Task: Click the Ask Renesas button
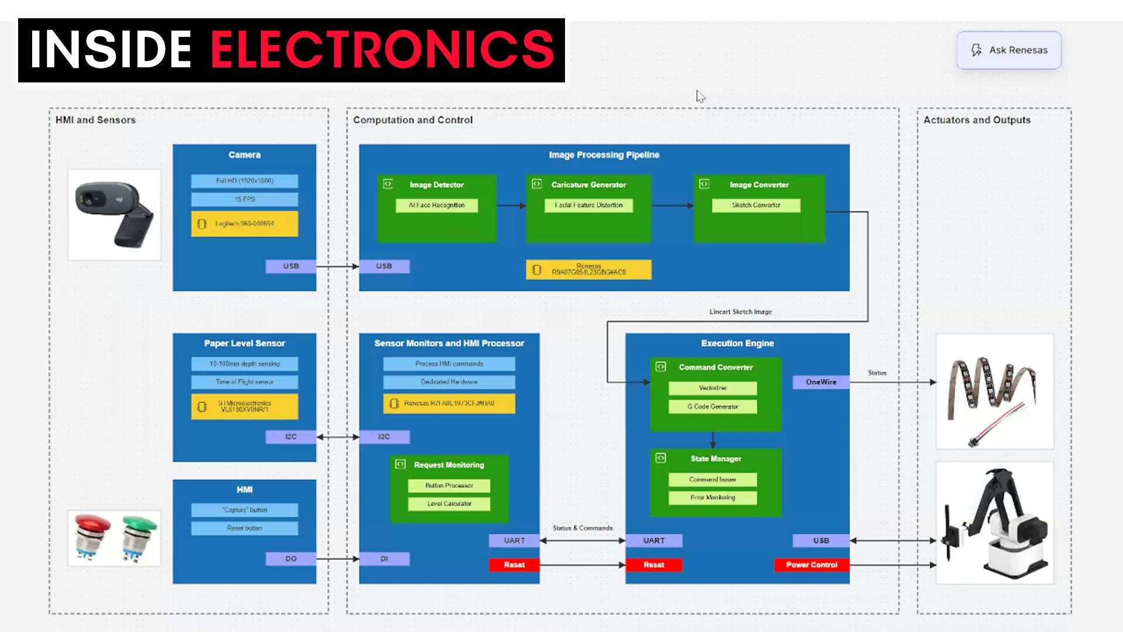pyautogui.click(x=1008, y=50)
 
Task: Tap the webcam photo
pyautogui.click(x=114, y=215)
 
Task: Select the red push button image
pyautogui.click(x=92, y=537)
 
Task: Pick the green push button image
pyautogui.click(x=139, y=537)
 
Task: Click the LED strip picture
pyautogui.click(x=994, y=391)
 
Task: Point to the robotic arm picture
pyautogui.click(x=994, y=523)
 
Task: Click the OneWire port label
pyautogui.click(x=821, y=382)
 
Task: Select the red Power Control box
pyautogui.click(x=811, y=565)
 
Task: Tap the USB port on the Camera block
pyautogui.click(x=291, y=266)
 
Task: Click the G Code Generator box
pyautogui.click(x=712, y=407)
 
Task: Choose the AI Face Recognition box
pyautogui.click(x=436, y=205)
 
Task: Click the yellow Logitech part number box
pyautogui.click(x=244, y=224)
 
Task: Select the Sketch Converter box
pyautogui.click(x=756, y=205)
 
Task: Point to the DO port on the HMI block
pyautogui.click(x=291, y=559)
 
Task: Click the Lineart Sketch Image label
pyautogui.click(x=740, y=312)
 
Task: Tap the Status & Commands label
pyautogui.click(x=583, y=528)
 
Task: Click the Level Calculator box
pyautogui.click(x=449, y=504)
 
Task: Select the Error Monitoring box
pyautogui.click(x=712, y=497)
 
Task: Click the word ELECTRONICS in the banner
pyautogui.click(x=382, y=50)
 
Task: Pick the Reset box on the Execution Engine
pyautogui.click(x=653, y=565)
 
